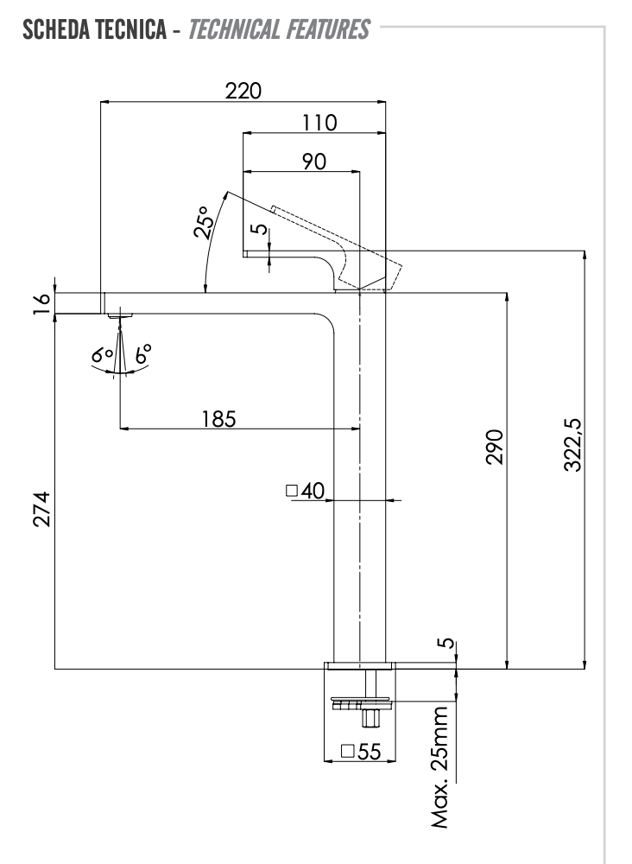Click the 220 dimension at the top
(243, 90)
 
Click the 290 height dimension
(494, 446)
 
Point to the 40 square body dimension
(305, 491)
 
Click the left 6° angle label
(103, 354)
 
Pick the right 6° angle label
(142, 353)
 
